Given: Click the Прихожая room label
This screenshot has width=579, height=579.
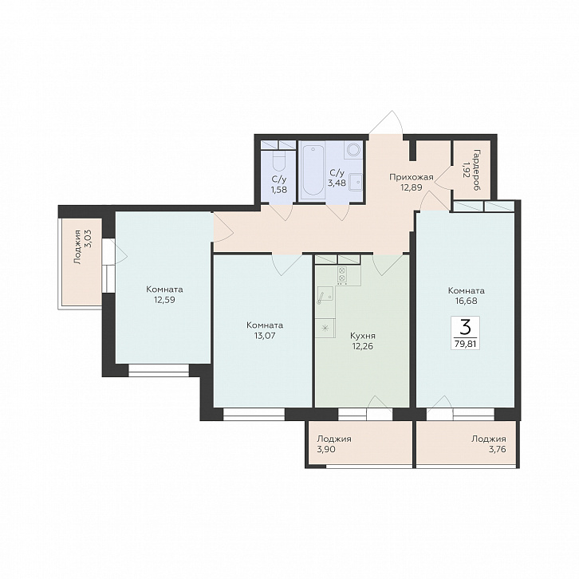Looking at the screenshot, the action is coord(411,177).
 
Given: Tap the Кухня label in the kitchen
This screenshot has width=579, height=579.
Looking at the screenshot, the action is coord(363,336).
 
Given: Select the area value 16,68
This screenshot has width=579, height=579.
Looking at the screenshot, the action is coord(466,301).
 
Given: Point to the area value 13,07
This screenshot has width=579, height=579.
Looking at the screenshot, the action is coord(265,336).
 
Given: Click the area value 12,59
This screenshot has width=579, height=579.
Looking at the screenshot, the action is coord(164,300).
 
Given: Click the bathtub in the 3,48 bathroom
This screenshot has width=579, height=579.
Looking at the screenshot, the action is coord(313,170).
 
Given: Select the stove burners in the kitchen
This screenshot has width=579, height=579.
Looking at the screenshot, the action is coord(341,274).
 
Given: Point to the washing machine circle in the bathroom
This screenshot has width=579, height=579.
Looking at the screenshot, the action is coord(354,149).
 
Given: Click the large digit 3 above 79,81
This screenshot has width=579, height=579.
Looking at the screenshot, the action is coord(466,326).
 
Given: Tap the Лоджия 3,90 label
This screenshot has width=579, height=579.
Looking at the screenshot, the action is coord(334,444).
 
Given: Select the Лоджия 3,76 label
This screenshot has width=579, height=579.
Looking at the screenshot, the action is coord(488,444).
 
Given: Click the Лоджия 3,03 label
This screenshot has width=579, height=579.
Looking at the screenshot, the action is coord(82,246).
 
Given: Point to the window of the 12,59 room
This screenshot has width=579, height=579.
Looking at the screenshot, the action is coord(159,370).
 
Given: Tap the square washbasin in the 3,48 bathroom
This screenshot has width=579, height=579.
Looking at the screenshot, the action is coord(355,182).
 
